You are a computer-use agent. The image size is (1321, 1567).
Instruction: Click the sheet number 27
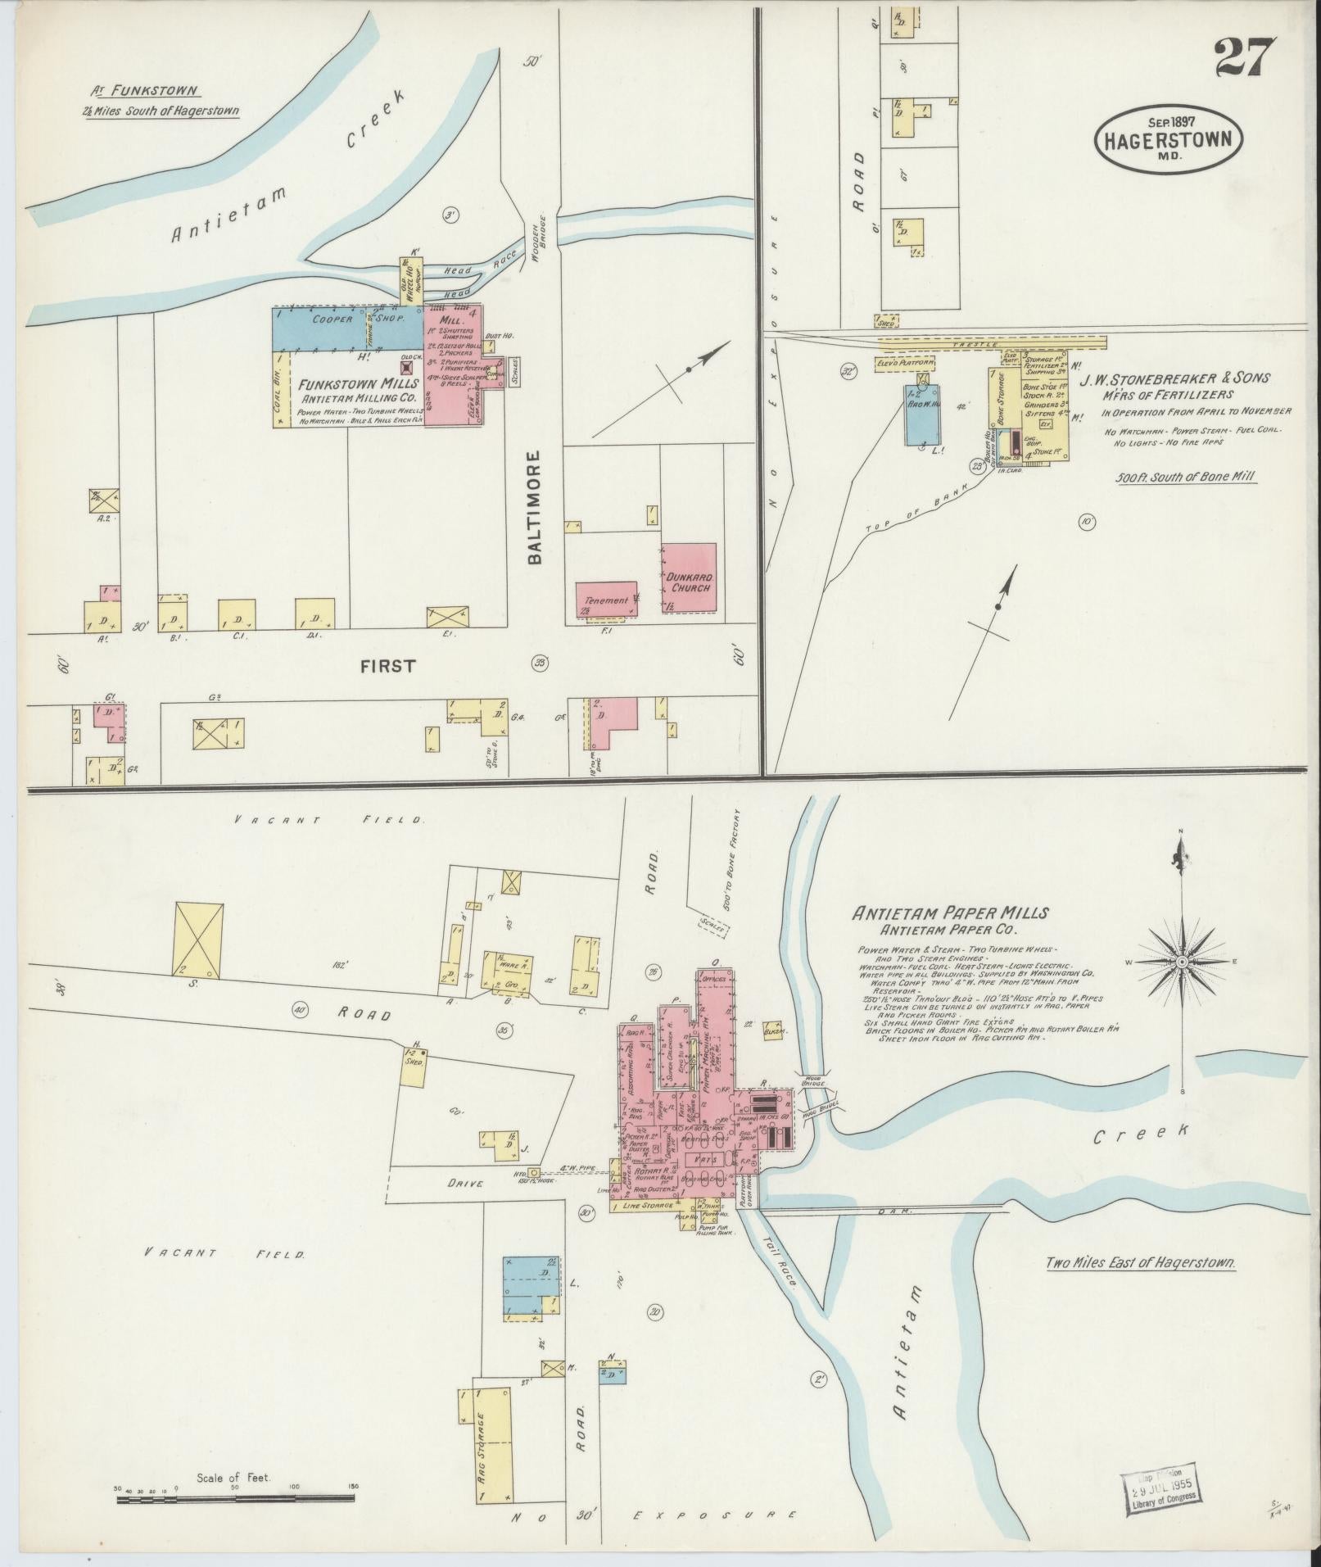point(1245,57)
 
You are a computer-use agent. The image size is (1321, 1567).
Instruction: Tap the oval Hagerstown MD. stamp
point(1169,138)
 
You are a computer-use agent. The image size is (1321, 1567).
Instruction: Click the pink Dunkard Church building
point(689,577)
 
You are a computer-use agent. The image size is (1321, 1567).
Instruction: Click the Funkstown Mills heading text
point(359,383)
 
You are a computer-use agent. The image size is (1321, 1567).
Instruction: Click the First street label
point(387,666)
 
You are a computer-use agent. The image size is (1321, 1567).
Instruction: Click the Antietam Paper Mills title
point(950,913)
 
